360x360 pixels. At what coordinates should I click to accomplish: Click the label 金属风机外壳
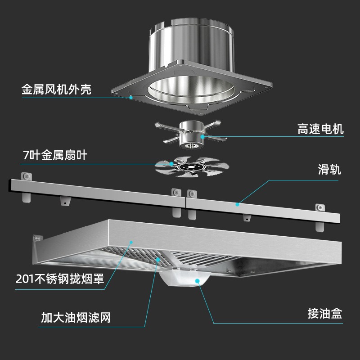tap(56, 89)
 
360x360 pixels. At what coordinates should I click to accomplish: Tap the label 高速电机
tap(320, 130)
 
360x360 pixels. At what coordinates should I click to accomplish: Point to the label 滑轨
tap(329, 170)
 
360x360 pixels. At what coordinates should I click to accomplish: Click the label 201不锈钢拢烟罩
tap(60, 279)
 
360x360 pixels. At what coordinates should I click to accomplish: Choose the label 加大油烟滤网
tap(76, 318)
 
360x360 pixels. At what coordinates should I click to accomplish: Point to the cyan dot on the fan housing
tap(131, 97)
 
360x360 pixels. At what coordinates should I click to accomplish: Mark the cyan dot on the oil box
tap(197, 281)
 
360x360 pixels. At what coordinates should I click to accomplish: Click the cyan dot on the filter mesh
tap(158, 259)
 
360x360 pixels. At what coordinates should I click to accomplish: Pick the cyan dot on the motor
tap(202, 135)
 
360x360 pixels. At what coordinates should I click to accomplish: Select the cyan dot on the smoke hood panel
tap(131, 242)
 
